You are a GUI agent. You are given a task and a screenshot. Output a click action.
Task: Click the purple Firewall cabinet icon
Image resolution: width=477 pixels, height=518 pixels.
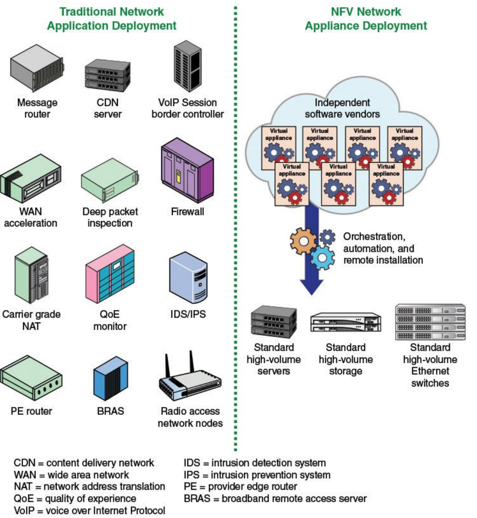187,170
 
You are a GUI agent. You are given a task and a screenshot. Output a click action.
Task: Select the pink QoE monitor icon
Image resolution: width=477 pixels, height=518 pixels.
110,274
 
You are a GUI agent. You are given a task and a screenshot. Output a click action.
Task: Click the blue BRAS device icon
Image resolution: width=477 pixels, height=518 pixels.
110,379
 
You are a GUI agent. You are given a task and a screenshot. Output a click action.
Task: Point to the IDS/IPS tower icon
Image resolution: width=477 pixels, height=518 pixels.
188,277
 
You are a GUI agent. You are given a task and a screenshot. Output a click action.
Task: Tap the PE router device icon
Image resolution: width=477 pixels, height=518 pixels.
31,378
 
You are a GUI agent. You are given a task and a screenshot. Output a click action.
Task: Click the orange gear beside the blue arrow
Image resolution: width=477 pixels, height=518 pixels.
303,241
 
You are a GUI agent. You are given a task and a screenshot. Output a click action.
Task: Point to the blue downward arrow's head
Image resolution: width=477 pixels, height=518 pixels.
311,286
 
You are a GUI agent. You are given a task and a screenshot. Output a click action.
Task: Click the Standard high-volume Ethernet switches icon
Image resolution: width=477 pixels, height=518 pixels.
430,322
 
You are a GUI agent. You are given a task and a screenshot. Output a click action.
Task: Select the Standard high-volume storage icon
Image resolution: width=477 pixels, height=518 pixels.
345,322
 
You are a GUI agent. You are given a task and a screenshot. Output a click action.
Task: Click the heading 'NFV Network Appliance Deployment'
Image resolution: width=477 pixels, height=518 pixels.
366,19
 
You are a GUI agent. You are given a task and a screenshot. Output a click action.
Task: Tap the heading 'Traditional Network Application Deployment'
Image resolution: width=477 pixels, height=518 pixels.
112,19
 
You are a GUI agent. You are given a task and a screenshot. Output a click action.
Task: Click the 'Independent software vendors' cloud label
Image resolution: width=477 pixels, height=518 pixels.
342,108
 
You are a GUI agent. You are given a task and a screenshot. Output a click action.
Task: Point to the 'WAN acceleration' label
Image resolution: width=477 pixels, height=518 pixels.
31,217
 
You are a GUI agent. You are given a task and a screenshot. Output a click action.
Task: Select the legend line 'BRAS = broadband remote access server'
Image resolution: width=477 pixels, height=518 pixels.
275,499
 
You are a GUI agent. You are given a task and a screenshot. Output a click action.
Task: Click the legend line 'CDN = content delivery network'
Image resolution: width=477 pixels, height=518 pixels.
84,463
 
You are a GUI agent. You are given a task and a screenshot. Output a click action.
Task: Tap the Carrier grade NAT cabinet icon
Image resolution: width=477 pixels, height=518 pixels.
31,274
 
